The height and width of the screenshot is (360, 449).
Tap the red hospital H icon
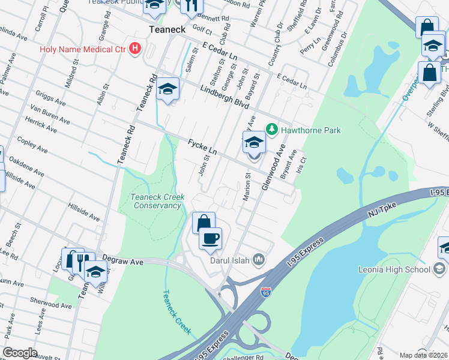pyautogui.click(x=135, y=48)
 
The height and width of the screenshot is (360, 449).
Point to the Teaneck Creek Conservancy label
pyautogui.click(x=157, y=201)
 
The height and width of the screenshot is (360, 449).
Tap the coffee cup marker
pyautogui.click(x=210, y=238)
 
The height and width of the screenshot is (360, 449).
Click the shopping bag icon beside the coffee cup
pyautogui.click(x=203, y=223)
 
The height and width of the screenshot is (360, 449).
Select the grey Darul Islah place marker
pyautogui.click(x=259, y=259)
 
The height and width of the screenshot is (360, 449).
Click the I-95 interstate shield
pyautogui.click(x=266, y=292)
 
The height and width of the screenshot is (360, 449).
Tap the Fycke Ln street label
pyautogui.click(x=202, y=147)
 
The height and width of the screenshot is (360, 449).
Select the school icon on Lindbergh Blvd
pyautogui.click(x=168, y=90)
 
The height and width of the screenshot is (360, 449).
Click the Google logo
pyautogui.click(x=20, y=353)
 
